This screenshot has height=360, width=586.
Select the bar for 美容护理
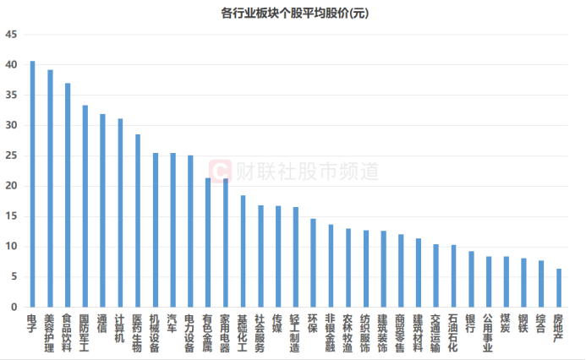50,188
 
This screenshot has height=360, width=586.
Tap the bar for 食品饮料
68,194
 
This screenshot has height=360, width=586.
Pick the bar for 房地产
557,287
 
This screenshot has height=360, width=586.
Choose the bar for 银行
470,279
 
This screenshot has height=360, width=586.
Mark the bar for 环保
313,263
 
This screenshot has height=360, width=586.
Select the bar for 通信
102,210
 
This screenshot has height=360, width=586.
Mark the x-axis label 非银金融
330,331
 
